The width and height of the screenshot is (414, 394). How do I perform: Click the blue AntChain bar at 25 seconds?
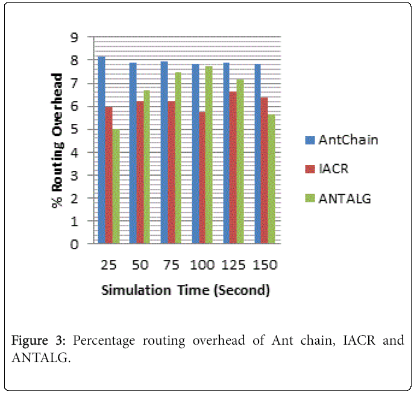102,150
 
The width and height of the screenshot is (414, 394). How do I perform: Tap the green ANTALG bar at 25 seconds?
116,186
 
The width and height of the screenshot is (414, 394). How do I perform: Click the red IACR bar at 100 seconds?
202,177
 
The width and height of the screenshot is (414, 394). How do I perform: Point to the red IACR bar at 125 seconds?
233,168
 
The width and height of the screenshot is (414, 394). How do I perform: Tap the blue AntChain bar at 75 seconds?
164,153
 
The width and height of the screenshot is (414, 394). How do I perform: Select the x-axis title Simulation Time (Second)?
185,290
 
